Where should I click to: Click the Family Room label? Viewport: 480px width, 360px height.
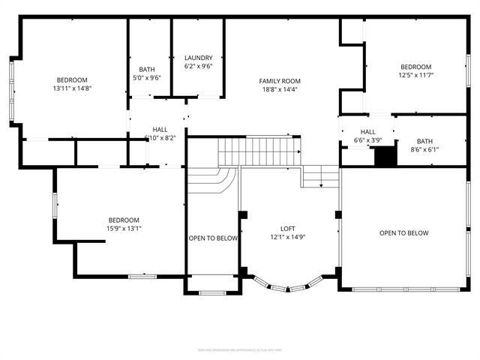click(279, 81)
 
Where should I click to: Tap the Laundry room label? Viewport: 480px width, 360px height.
click(199, 58)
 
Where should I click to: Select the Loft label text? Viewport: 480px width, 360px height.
click(288, 229)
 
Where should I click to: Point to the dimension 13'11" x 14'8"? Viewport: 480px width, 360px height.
click(72, 88)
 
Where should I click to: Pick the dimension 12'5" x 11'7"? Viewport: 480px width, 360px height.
click(415, 75)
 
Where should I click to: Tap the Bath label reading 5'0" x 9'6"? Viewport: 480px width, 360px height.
click(147, 76)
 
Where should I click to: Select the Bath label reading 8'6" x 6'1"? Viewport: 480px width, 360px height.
click(424, 150)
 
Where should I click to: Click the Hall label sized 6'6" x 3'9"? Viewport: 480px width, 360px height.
click(368, 140)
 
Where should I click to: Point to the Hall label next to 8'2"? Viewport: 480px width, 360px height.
click(160, 129)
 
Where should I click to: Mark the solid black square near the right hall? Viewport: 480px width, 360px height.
click(385, 157)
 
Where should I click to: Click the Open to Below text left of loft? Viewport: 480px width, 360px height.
click(213, 238)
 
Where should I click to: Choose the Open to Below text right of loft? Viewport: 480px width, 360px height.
click(403, 233)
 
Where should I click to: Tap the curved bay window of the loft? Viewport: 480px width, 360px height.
click(288, 286)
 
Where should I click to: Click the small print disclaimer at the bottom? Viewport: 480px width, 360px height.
click(239, 349)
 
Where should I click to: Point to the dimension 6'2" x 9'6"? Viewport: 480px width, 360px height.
click(199, 66)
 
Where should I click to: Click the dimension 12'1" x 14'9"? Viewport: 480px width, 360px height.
click(288, 238)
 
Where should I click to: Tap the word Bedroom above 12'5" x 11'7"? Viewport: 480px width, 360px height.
click(415, 66)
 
